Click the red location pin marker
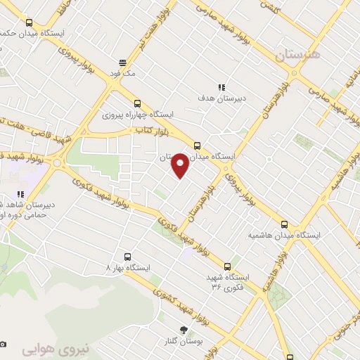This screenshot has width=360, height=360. coord(180,165)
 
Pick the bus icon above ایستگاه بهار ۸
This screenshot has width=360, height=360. coord(127,257)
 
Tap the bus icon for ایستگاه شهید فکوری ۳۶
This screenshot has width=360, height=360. coord(227,266)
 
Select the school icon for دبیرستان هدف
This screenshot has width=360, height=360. coord(221,88)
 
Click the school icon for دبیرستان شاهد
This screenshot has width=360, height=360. coord(21,194)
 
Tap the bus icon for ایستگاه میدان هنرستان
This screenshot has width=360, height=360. coord(197,146)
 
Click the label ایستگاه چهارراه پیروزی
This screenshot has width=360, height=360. coord(136,112)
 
